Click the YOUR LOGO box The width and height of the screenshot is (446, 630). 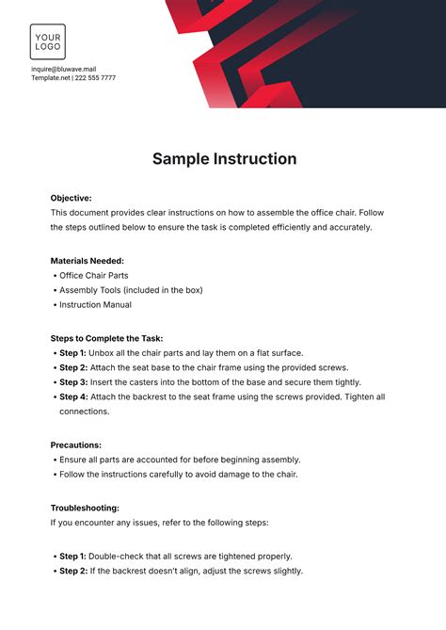[48, 41]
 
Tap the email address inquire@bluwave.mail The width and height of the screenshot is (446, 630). [62, 69]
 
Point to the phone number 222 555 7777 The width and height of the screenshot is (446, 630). [97, 78]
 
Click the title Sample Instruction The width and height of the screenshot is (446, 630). [224, 159]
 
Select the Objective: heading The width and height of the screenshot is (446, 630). [72, 199]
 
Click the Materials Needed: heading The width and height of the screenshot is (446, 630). [88, 261]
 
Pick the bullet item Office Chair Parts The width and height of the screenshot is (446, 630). [94, 275]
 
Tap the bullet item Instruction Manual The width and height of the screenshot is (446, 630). [95, 305]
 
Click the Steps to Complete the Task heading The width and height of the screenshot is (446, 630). [106, 338]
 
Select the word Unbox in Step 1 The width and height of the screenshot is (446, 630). [104, 353]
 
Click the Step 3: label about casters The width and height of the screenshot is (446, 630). [72, 382]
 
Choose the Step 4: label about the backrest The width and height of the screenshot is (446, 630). [72, 397]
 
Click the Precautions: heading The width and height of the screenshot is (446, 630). [76, 444]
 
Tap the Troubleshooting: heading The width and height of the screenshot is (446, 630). [85, 508]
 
